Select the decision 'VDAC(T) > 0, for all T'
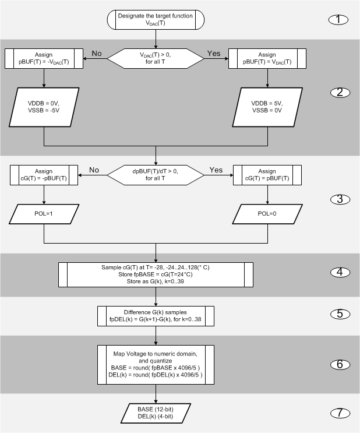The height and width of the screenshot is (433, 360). (155, 58)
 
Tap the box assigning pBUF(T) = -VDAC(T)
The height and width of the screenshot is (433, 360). (45, 58)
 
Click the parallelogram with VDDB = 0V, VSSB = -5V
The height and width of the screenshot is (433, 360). (45, 111)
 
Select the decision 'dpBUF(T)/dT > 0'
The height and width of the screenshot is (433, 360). (155, 175)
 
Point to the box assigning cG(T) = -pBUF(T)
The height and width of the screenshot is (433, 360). (45, 175)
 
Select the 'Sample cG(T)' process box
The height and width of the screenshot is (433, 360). (155, 275)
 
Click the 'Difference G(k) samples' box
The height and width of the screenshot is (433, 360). (155, 315)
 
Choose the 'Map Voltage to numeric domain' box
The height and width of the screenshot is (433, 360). (155, 365)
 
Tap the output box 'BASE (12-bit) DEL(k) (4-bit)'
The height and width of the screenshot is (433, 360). (155, 413)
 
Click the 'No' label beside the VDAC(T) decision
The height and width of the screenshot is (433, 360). (97, 53)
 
